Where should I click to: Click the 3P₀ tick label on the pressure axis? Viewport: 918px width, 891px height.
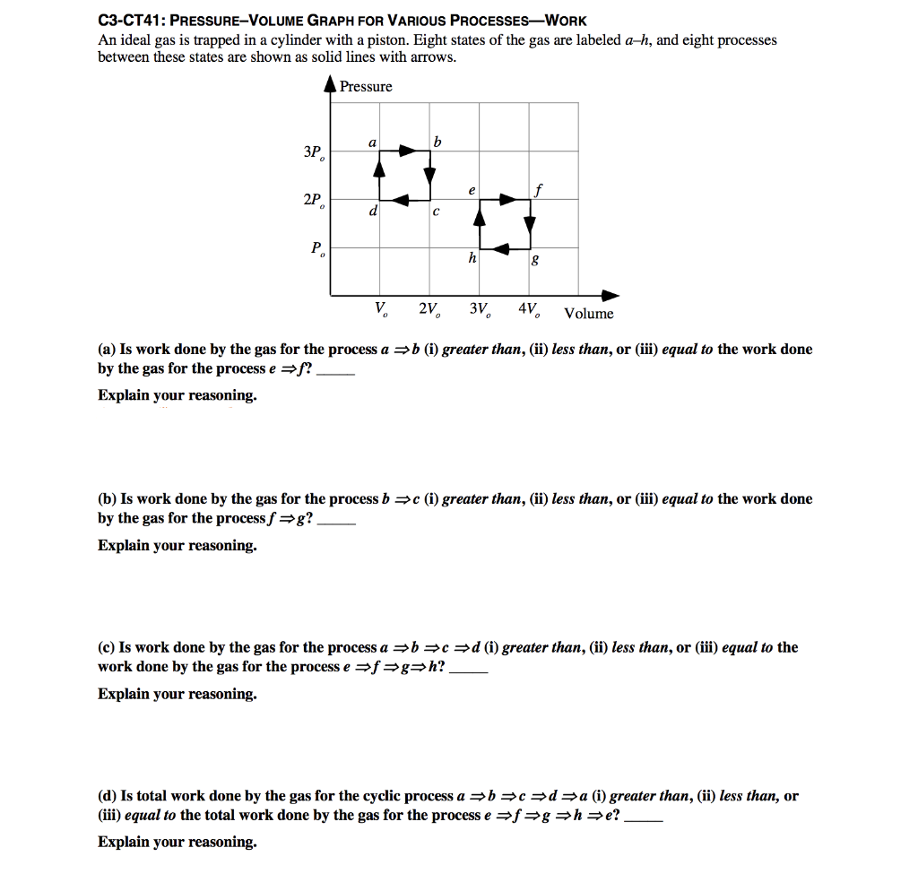pyautogui.click(x=313, y=152)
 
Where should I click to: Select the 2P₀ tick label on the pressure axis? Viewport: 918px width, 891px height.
pyautogui.click(x=313, y=201)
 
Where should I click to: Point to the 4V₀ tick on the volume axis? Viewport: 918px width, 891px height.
pyautogui.click(x=529, y=310)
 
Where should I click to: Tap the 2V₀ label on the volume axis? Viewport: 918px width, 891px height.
pyautogui.click(x=429, y=310)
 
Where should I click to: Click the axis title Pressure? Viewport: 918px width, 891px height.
pyautogui.click(x=366, y=86)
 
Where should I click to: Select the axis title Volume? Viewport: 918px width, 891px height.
pyautogui.click(x=589, y=314)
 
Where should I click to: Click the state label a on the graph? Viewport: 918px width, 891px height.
pyautogui.click(x=371, y=143)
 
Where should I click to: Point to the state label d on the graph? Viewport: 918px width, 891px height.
pyautogui.click(x=372, y=212)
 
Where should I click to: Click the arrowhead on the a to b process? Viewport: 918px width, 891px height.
pyautogui.click(x=408, y=151)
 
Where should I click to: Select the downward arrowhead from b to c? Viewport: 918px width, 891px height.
pyautogui.click(x=429, y=172)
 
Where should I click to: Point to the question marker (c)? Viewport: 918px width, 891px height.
pyautogui.click(x=107, y=647)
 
